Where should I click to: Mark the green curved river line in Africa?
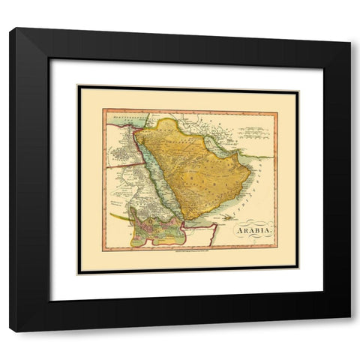point(120,217)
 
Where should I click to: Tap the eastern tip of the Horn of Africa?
point(217,224)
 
